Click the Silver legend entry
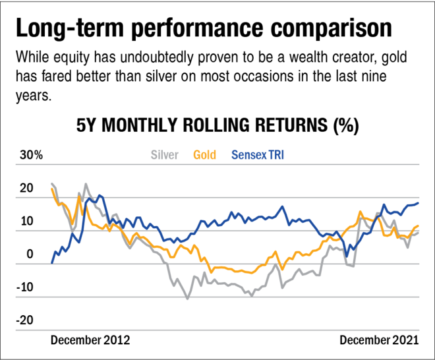[164, 156]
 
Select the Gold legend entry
[204, 156]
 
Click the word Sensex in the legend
[248, 156]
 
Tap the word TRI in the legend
[276, 156]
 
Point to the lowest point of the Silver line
[187, 299]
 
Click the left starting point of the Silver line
[51, 183]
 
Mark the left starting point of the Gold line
[51, 188]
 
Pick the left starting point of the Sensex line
[52, 262]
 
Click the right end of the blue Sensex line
[419, 202]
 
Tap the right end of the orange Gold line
[419, 225]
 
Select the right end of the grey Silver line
[419, 230]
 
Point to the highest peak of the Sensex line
[100, 194]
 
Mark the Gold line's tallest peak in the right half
[360, 212]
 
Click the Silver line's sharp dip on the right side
[353, 267]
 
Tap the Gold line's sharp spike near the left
[80, 196]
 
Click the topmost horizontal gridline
[217, 164]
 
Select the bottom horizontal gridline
[217, 330]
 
